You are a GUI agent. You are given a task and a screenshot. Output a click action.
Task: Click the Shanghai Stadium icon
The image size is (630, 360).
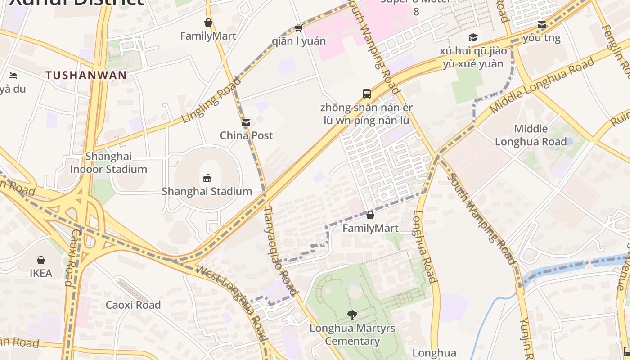(207, 178)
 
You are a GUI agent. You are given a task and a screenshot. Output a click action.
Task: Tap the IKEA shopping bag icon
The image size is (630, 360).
(41, 260)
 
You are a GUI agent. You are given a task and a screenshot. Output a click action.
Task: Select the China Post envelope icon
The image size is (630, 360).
(246, 123)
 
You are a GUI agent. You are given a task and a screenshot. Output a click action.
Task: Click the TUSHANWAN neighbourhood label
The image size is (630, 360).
(86, 75)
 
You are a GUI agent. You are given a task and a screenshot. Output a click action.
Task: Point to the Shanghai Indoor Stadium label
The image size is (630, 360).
(108, 163)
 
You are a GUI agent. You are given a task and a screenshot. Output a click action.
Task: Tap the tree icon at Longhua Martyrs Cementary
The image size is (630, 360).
(353, 315)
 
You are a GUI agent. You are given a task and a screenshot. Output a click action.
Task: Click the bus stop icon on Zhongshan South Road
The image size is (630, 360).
(367, 94)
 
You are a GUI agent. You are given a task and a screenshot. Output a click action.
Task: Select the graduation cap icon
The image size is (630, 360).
(472, 37)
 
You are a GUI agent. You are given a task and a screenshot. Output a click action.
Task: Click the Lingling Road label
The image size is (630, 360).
(211, 100)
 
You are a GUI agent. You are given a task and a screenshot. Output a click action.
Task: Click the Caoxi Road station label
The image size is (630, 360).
(133, 305)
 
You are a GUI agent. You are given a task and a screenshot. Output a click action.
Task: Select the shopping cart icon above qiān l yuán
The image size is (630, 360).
(298, 28)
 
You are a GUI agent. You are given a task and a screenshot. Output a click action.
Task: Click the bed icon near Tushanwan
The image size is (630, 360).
(13, 75)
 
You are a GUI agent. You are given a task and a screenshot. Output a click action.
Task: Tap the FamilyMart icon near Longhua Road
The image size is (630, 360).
(370, 215)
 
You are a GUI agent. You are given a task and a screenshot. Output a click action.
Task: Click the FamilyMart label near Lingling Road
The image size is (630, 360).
(208, 36)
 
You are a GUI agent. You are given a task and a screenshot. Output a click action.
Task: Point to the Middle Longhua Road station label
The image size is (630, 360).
(531, 135)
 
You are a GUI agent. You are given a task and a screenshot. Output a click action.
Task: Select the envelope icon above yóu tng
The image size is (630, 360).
(542, 25)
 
